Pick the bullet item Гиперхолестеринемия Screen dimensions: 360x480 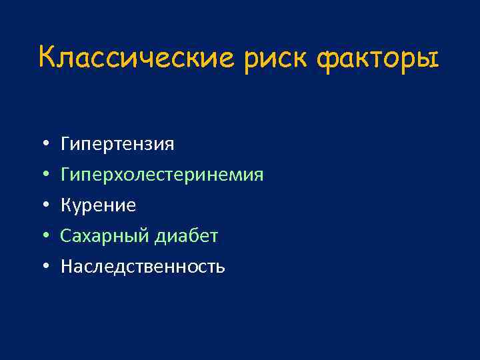click(162, 175)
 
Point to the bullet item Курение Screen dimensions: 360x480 click(99, 206)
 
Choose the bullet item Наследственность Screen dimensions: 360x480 click(143, 267)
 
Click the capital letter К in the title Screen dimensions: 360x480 click(47, 57)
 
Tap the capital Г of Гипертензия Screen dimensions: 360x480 click(65, 144)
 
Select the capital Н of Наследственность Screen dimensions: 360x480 click(67, 267)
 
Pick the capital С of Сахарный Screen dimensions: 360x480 click(65, 237)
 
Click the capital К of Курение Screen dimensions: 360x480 click(66, 206)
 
